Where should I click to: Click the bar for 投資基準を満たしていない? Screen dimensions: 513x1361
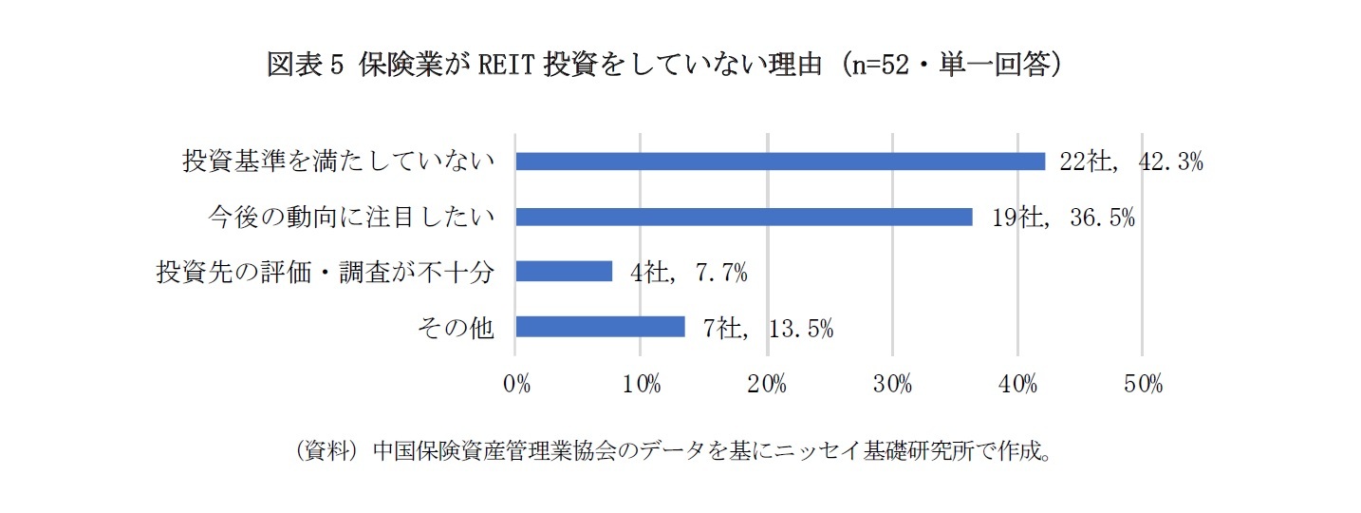[x=780, y=161]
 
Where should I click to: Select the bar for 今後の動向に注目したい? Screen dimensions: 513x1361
[x=744, y=217]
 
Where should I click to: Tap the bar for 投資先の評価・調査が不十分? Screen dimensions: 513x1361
[x=564, y=272]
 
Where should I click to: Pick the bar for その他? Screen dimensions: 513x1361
[x=600, y=327]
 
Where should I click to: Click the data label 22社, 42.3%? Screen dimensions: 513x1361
[x=1131, y=162]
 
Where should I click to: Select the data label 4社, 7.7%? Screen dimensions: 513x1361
[x=688, y=273]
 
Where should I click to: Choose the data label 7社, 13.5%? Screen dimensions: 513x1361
[x=769, y=328]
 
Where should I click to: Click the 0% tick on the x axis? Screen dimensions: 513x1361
[x=516, y=385]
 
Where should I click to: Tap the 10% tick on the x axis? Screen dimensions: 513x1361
[x=642, y=385]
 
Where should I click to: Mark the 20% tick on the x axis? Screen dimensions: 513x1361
[x=767, y=385]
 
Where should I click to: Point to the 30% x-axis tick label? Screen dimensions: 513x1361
[x=892, y=385]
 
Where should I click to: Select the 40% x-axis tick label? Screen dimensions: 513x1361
[x=1017, y=385]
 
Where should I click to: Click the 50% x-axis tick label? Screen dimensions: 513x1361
[x=1143, y=385]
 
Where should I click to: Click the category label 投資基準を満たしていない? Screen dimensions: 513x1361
[x=339, y=161]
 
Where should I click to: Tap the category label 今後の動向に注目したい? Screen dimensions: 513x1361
[x=351, y=217]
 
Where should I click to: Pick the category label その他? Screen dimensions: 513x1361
[x=456, y=327]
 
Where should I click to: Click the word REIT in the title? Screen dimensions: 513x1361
[x=502, y=66]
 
